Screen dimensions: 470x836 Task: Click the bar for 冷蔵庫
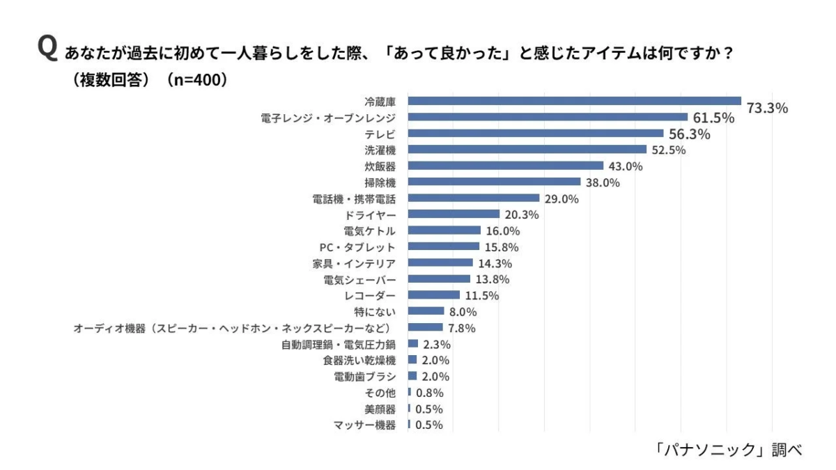[x=574, y=101]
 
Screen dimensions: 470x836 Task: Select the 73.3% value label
[x=767, y=108]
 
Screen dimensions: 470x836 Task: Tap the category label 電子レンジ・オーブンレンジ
[x=327, y=118]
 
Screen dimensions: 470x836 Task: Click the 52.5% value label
[x=669, y=150]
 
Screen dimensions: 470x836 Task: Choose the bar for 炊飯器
[x=505, y=166]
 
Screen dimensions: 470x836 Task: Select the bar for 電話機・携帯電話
[x=473, y=198]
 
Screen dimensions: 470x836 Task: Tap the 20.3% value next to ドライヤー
[x=522, y=214]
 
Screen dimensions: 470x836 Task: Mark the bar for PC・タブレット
[x=443, y=246]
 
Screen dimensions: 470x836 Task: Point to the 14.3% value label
[x=495, y=263]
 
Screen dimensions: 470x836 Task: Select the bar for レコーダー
[x=433, y=295]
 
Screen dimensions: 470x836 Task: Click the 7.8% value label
[x=462, y=328]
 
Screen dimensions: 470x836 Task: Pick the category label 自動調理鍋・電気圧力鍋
[x=339, y=345]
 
